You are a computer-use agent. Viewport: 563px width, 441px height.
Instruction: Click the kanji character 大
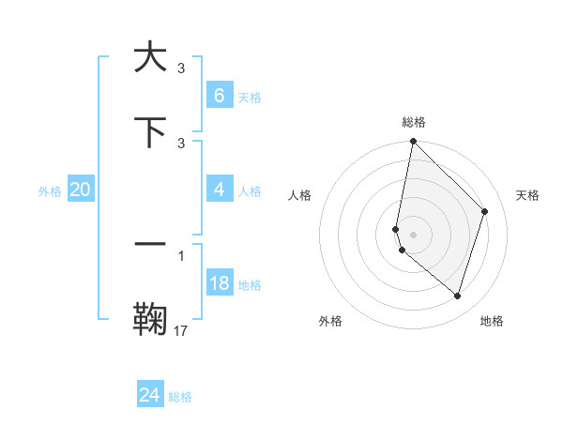150,58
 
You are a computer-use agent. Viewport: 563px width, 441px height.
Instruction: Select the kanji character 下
150,132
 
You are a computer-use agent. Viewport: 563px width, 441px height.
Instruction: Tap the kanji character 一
150,243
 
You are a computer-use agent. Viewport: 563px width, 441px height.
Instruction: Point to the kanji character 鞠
150,318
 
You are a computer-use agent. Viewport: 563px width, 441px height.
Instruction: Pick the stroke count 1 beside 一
181,254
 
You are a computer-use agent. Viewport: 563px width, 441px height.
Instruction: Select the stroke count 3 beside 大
181,68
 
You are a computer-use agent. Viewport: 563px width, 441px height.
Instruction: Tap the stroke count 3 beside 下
181,143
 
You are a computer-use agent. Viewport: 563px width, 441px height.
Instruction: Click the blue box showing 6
219,95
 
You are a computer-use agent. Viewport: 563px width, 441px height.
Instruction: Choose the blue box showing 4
219,190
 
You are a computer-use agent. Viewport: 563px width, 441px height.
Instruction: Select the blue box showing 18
219,283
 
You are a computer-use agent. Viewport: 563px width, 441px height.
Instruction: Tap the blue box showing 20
80,190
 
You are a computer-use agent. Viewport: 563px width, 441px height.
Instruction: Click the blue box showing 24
150,395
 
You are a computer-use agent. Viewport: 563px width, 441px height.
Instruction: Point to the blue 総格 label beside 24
180,397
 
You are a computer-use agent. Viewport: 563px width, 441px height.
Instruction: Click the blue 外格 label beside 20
50,191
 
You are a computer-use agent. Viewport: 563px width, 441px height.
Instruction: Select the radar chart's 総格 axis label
414,122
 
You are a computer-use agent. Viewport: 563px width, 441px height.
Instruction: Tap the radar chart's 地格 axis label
492,321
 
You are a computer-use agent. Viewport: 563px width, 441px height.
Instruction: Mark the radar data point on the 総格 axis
413,141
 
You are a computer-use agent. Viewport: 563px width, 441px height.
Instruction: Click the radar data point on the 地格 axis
457,296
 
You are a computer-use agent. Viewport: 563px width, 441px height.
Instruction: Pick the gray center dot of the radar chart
413,234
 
